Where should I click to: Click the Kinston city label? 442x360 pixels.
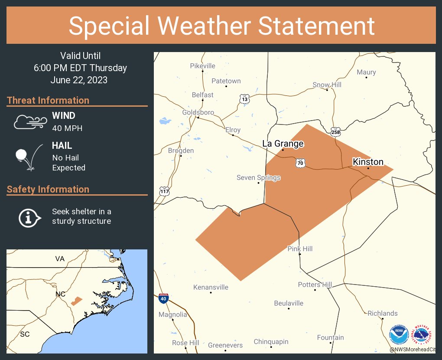coord(368,162)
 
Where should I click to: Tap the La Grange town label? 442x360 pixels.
coord(283,144)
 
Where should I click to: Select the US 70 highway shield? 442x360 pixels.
coord(300,163)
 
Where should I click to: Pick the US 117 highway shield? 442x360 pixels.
coord(164,191)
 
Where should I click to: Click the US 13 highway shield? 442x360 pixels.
coord(244,99)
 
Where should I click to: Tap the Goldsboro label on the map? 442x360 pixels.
coord(198,112)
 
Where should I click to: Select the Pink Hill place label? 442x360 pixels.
coord(300,249)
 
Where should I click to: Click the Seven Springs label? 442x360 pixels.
coord(258,177)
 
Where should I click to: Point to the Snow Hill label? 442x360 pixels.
coord(327,85)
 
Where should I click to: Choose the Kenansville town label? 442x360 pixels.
coord(211,287)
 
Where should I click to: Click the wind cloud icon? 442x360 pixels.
coord(29,122)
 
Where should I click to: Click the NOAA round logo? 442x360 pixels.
coord(399,335)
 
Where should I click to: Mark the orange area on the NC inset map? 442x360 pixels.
coord(77,301)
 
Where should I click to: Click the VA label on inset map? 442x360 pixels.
coord(60,259)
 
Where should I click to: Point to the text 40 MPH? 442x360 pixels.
coord(67,128)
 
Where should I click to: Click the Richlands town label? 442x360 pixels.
coord(382,313)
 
